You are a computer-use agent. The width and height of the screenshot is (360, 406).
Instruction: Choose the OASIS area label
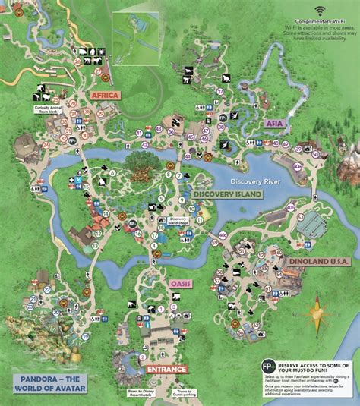click(180, 283)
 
